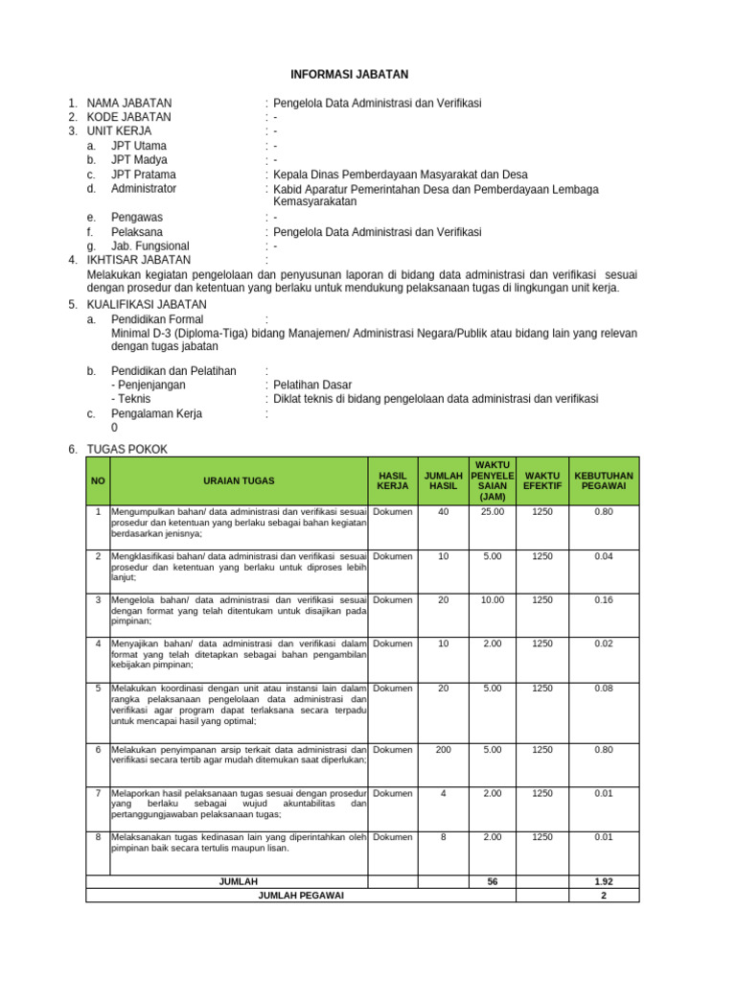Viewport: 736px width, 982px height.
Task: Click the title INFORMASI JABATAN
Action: (350, 74)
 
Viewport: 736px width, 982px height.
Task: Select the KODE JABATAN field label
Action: (129, 117)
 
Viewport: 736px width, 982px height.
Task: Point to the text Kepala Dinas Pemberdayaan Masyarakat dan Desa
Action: (401, 175)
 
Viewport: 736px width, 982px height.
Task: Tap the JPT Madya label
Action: (139, 160)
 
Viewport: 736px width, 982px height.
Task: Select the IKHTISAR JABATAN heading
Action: (139, 260)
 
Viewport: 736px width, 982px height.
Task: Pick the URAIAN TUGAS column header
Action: (239, 480)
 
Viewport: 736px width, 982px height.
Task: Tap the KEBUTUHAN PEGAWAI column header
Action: (604, 480)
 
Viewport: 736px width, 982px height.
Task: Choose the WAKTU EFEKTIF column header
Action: (542, 480)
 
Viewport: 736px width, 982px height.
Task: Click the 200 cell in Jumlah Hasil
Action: (443, 749)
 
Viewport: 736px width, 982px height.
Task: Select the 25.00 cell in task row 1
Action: (492, 512)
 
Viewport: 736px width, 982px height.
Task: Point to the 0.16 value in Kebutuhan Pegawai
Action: (604, 600)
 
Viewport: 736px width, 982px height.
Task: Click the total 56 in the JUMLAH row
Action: (492, 881)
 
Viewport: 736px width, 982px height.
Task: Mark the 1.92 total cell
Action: (604, 881)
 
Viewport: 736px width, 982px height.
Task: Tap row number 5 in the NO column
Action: (98, 689)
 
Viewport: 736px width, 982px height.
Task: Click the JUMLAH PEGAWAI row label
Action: (300, 895)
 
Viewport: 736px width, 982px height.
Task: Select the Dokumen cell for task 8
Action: (393, 837)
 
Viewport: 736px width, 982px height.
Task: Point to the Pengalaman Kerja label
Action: (156, 413)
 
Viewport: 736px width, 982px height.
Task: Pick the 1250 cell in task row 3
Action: (542, 600)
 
